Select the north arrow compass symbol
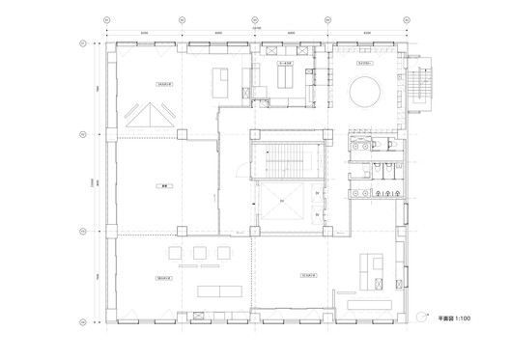423,317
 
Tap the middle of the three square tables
200,253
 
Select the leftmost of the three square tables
177,253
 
